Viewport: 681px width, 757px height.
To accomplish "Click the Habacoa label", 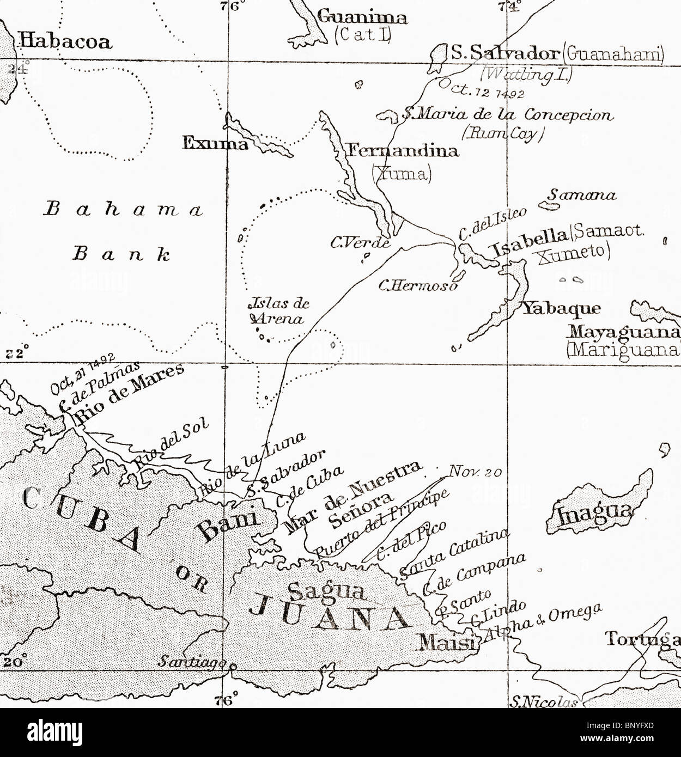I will (x=65, y=41).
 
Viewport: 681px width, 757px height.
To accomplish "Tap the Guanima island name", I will (x=362, y=17).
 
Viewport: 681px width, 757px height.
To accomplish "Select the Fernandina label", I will (x=403, y=150).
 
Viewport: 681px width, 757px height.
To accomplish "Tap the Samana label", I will (x=582, y=195).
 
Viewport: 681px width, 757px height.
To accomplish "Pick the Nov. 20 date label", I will (x=475, y=472).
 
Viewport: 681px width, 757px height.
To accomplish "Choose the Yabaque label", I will (x=562, y=309).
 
